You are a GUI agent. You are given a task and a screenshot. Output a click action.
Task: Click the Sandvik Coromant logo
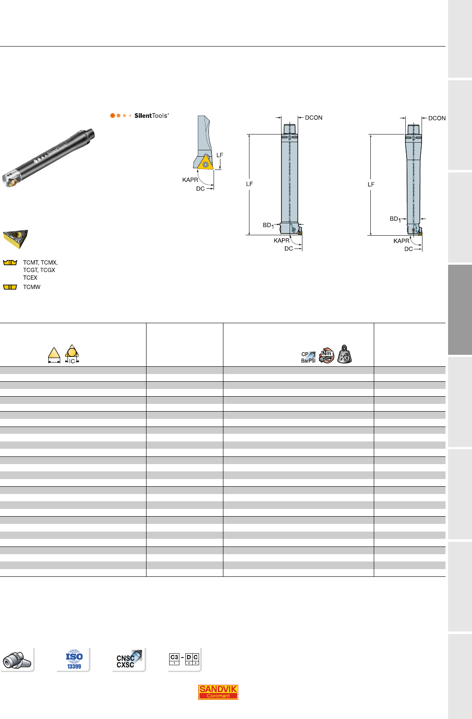pos(218,692)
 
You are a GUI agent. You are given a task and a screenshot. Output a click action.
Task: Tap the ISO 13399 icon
pos(74,659)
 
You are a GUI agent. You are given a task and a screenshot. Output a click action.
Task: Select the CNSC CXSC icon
pos(129,659)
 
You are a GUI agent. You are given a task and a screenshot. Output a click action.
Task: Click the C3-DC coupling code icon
pos(184,659)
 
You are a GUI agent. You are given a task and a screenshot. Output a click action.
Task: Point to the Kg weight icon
pos(345,354)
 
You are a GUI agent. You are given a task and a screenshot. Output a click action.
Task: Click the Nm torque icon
pos(326,355)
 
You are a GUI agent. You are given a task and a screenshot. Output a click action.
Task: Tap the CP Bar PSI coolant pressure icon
pos(308,357)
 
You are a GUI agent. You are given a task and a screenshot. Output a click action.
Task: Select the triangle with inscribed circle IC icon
pos(72,354)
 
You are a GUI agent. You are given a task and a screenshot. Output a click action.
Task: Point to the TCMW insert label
pos(32,287)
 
